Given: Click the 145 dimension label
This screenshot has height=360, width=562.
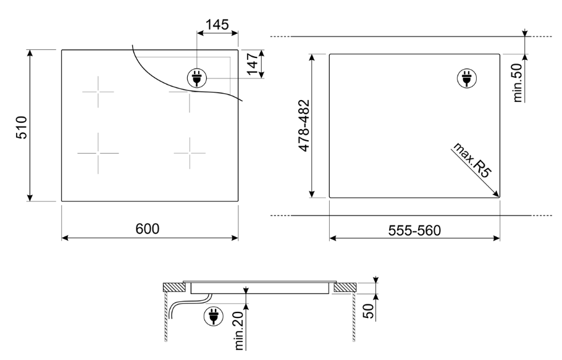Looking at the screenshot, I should pos(217,24).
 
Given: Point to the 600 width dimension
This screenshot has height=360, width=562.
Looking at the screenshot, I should pos(148,228).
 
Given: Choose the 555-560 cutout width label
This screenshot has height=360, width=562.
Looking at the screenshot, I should pos(413,230).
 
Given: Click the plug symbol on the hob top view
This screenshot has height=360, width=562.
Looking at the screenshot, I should pos(197,78).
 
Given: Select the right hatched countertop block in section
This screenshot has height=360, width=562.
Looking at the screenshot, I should pos(344,287).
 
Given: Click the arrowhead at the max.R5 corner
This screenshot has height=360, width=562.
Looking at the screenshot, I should pos(495,195).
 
